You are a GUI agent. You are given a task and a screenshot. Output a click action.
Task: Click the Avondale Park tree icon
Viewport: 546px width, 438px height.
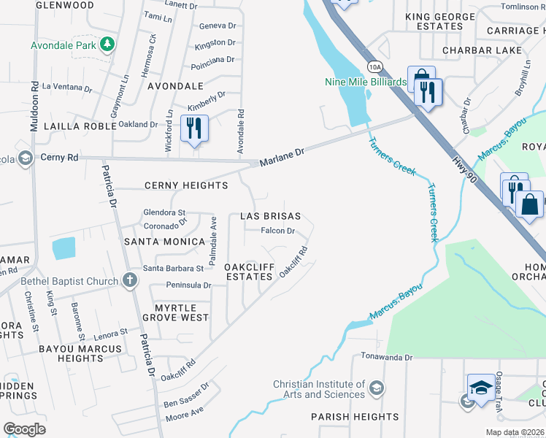click(x=107, y=45)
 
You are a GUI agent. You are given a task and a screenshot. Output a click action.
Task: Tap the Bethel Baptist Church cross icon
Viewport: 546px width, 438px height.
click(x=129, y=281)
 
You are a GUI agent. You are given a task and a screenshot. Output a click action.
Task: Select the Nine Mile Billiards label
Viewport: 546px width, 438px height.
click(x=366, y=82)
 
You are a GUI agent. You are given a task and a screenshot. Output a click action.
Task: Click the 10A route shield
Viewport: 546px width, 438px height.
click(x=374, y=67)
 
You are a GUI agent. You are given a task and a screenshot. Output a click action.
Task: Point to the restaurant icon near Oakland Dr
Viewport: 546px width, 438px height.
click(x=194, y=128)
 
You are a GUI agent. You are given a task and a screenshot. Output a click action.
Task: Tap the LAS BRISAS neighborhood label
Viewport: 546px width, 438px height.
click(x=271, y=217)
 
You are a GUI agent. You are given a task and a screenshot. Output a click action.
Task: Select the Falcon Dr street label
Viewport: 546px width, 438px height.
click(x=278, y=231)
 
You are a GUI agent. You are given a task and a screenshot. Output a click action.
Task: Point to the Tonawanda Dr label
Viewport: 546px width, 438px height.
click(x=388, y=358)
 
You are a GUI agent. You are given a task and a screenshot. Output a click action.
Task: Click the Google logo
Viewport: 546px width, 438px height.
click(x=24, y=429)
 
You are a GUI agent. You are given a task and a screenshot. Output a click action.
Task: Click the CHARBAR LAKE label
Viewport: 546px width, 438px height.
click(x=482, y=50)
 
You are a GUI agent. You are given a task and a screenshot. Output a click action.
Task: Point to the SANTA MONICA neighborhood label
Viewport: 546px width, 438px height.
click(x=164, y=242)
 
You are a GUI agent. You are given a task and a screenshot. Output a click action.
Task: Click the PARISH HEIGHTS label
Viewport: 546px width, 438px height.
click(x=355, y=417)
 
